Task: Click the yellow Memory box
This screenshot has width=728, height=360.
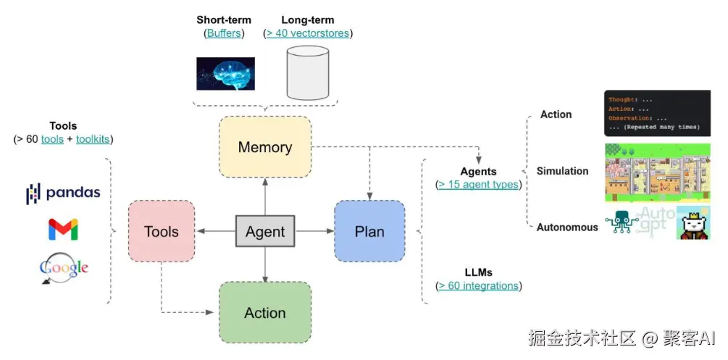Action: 265,147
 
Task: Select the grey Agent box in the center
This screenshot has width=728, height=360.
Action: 265,231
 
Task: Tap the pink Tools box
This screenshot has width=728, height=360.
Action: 162,231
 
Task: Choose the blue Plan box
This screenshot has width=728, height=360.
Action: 369,231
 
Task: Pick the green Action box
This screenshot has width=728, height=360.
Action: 265,312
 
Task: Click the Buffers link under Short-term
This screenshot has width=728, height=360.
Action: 224,33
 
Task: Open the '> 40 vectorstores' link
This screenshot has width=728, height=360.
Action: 307,33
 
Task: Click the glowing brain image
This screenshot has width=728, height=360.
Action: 225,73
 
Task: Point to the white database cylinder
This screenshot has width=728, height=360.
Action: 308,72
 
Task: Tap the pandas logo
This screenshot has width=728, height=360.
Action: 63,193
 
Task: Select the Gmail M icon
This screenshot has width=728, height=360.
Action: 63,229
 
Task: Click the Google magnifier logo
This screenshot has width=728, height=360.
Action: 64,268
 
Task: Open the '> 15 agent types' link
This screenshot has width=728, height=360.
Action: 478,185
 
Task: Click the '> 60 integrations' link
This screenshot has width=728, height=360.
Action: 478,285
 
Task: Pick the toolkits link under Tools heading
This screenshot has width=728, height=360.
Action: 93,139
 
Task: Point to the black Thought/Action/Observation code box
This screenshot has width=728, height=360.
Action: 658,113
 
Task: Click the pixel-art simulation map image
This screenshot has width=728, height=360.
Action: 658,172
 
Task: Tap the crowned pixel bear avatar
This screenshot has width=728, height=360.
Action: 693,222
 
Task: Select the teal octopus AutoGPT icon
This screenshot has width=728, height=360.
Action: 622,222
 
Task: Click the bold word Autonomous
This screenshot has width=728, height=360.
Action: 567,227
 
